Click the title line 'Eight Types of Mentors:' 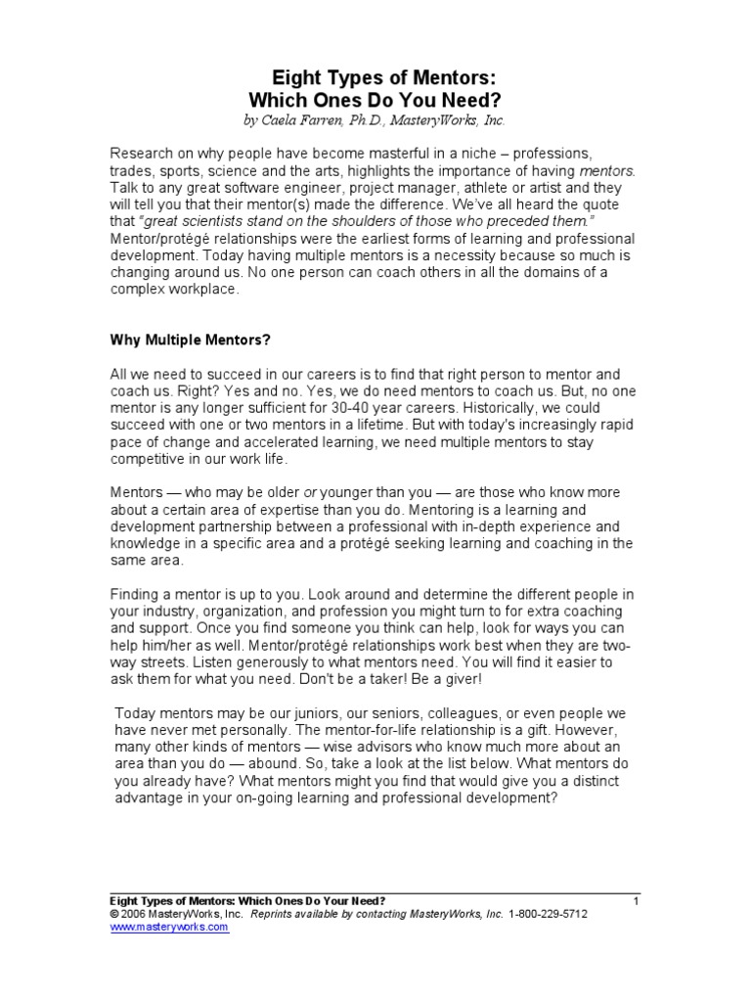tap(375, 79)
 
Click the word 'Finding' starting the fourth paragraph tap(138, 594)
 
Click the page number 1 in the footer tap(636, 900)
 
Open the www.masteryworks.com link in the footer tap(169, 927)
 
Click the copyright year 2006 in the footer tap(134, 914)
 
